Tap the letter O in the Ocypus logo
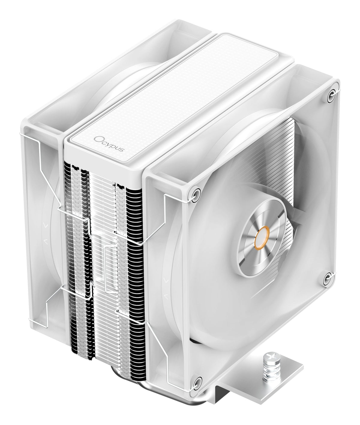(x=97, y=139)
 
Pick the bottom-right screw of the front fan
(x=327, y=279)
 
